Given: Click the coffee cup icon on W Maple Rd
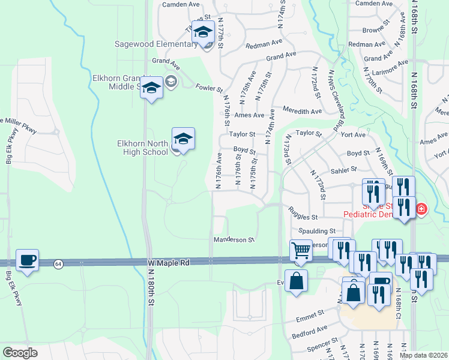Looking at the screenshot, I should click(x=28, y=260).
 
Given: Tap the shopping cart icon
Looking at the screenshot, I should click(x=301, y=250).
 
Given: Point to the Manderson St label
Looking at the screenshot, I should click(x=234, y=240).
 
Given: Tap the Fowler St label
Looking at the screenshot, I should click(x=209, y=88).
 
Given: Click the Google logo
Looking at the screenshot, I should click(x=20, y=352).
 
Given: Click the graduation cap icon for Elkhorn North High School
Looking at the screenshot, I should click(x=183, y=139).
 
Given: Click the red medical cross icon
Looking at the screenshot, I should click(x=421, y=209).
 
